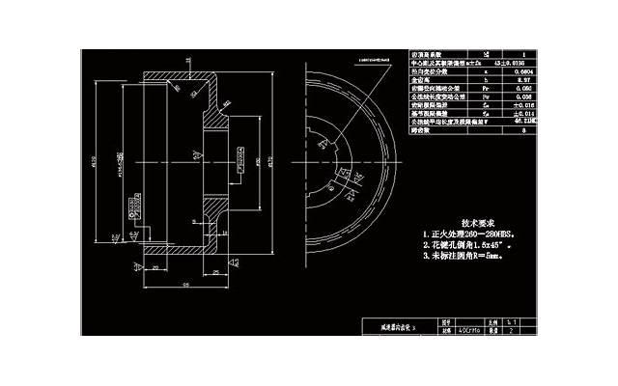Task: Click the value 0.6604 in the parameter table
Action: [525, 72]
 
